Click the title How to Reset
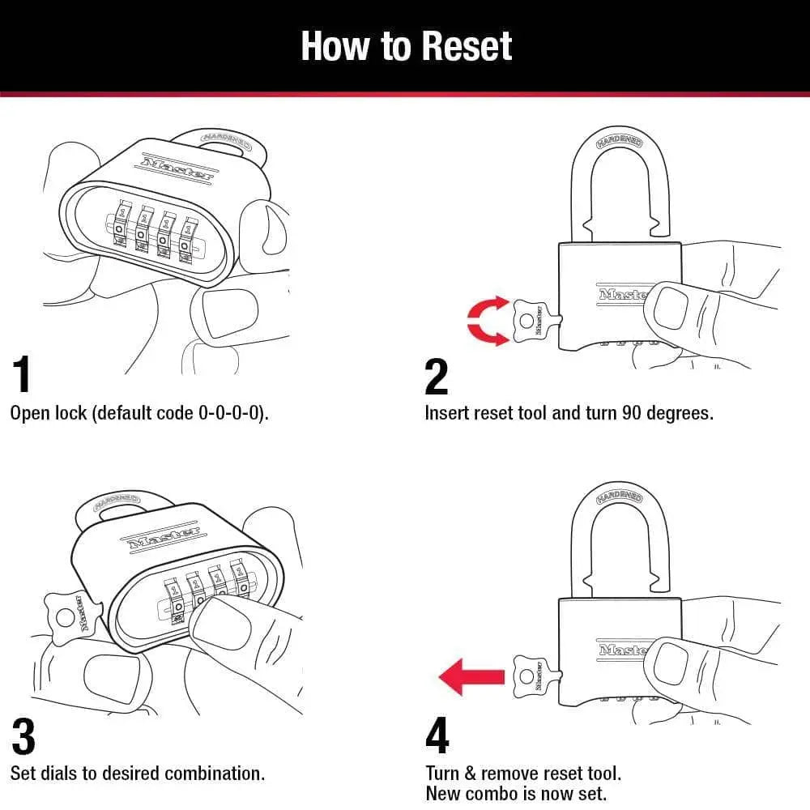click(406, 46)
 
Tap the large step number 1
click(23, 375)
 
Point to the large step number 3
click(23, 736)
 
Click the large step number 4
click(437, 736)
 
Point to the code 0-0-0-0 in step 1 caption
click(231, 413)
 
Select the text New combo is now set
click(515, 794)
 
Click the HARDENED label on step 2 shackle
click(620, 142)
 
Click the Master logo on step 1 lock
click(178, 166)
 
